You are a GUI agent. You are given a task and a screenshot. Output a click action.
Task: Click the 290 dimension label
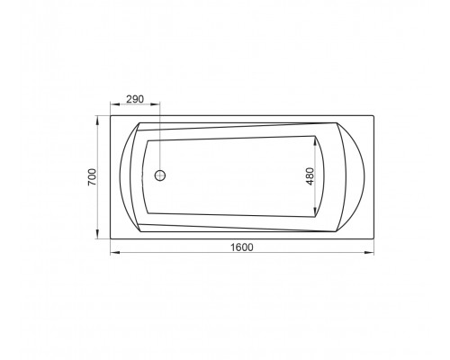pyautogui.click(x=135, y=99)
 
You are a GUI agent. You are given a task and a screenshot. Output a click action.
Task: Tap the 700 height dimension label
pyautogui.click(x=93, y=177)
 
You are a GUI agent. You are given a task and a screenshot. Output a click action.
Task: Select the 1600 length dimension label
pyautogui.click(x=242, y=247)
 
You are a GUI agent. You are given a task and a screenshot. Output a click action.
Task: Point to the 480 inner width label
pyautogui.click(x=310, y=176)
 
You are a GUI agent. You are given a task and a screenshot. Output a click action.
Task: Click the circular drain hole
pyautogui.click(x=160, y=175)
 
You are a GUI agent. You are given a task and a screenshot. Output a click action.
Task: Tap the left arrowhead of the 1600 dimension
pyautogui.click(x=115, y=253)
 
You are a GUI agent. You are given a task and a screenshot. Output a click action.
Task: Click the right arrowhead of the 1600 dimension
pyautogui.click(x=369, y=253)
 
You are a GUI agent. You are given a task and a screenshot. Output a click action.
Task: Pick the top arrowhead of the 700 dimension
pyautogui.click(x=97, y=121)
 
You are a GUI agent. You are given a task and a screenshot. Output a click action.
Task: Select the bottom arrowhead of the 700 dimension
pyautogui.click(x=97, y=234)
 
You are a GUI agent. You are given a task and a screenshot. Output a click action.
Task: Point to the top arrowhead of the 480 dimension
pyautogui.click(x=315, y=141)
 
